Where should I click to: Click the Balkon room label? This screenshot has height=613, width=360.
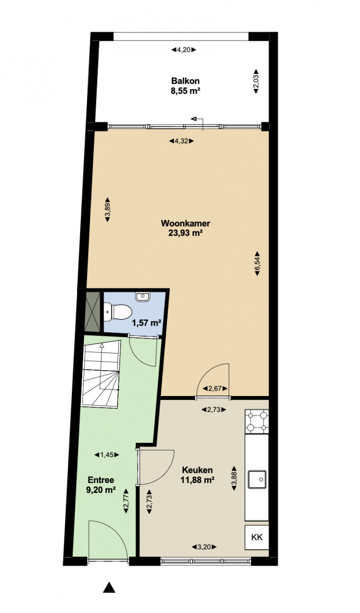click(x=185, y=81)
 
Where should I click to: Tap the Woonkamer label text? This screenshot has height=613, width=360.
click(x=185, y=223)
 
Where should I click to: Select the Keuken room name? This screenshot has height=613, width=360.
click(x=197, y=470)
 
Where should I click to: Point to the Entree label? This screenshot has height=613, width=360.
click(x=100, y=479)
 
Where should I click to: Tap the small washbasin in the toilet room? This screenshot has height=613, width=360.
click(x=142, y=296)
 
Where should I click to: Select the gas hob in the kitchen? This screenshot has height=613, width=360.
click(x=257, y=421)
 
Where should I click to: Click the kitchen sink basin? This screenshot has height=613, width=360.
click(x=257, y=479)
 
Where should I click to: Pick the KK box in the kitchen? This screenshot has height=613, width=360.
click(x=257, y=537)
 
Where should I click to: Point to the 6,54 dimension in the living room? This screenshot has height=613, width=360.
click(x=257, y=263)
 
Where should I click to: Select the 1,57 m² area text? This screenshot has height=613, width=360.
click(x=146, y=323)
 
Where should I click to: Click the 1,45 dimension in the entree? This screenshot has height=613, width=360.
click(x=106, y=455)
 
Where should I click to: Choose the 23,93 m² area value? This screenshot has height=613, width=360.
click(x=185, y=233)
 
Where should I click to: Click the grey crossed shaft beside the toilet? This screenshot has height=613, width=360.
click(x=92, y=311)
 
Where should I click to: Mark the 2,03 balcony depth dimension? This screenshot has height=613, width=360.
click(x=256, y=81)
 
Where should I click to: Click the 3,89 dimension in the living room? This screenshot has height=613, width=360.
click(x=107, y=209)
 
